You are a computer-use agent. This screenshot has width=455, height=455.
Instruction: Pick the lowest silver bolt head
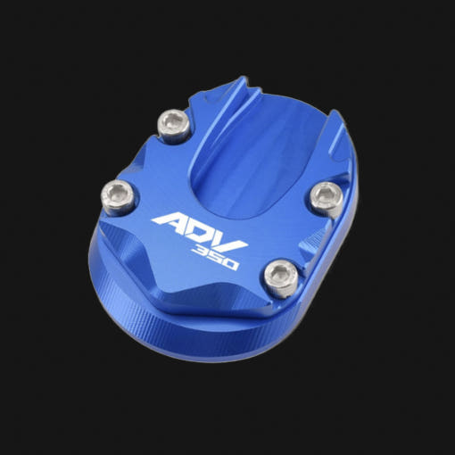point(282,279)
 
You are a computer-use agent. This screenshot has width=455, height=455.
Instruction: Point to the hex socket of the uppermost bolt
point(173,122)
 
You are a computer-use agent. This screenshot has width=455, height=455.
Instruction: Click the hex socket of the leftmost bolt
point(117,194)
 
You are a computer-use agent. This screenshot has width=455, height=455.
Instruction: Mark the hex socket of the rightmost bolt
point(325,194)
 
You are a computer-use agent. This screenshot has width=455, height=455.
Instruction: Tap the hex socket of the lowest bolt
point(280,276)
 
